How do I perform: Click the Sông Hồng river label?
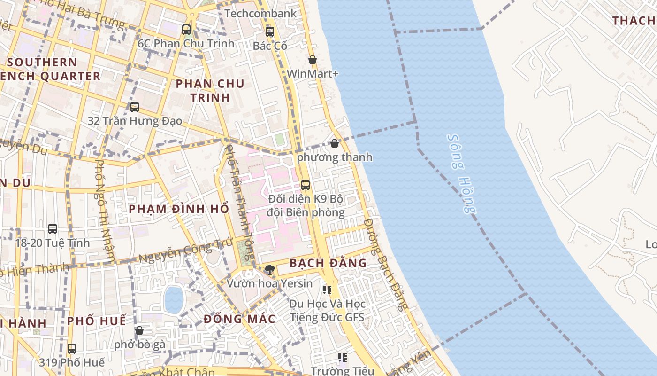[x=462, y=174]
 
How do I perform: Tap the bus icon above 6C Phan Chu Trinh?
[x=186, y=30]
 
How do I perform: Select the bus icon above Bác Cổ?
[x=269, y=32]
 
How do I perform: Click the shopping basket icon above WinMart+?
[x=312, y=60]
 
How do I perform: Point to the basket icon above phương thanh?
[x=334, y=143]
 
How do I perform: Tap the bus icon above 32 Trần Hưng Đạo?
[x=135, y=107]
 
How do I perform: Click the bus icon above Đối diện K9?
[x=306, y=185]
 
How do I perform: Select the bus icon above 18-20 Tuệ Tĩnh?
[x=53, y=229]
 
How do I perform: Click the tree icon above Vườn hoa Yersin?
[x=269, y=269]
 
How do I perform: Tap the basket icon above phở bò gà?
[x=139, y=330]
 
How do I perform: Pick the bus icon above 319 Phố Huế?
[x=71, y=349]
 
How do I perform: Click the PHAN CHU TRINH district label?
[x=210, y=91]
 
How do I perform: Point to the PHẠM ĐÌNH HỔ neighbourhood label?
[x=179, y=209]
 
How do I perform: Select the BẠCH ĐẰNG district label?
[x=328, y=263]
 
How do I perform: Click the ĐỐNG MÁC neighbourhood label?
[x=239, y=319]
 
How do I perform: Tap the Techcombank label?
[x=260, y=13]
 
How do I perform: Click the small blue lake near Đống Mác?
[x=174, y=299]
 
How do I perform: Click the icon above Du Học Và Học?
[x=327, y=290]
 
